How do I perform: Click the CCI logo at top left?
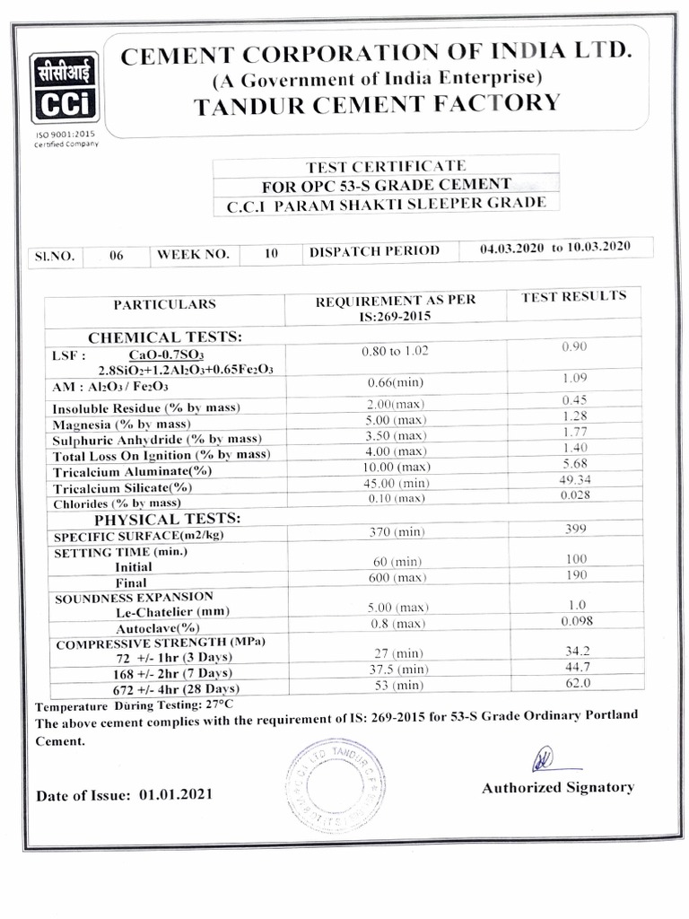(x=64, y=88)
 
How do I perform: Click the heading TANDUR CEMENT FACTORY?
(x=377, y=103)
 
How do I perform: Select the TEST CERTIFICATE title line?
(x=386, y=166)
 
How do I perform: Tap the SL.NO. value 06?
(x=116, y=255)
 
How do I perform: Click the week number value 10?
(x=271, y=254)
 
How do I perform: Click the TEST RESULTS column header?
(x=574, y=296)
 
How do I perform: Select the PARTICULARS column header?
(x=164, y=304)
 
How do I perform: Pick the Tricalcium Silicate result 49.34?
(x=574, y=480)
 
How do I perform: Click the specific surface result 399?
(x=574, y=530)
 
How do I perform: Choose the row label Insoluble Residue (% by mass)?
(x=146, y=408)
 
